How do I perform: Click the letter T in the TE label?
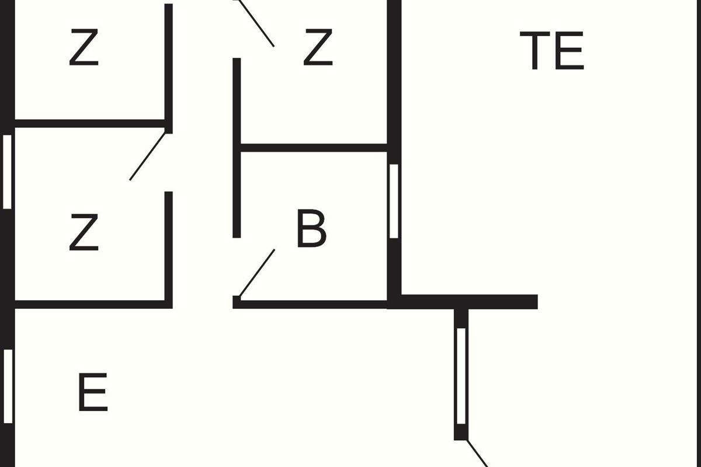535,50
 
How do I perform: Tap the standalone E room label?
93,392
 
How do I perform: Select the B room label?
311,228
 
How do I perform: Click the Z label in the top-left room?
84,47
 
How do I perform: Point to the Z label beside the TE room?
318,47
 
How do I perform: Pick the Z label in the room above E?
84,232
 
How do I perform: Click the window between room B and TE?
394,201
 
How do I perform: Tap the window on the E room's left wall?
8,386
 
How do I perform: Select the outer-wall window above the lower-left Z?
7,172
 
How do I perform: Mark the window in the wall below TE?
461,376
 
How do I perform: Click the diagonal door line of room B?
257,273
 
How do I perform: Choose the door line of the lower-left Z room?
147,156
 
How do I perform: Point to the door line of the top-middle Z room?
256,23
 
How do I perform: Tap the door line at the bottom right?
477,453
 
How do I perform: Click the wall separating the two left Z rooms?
90,124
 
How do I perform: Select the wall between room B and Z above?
314,148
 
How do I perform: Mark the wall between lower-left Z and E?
93,304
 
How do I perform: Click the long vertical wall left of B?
237,148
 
